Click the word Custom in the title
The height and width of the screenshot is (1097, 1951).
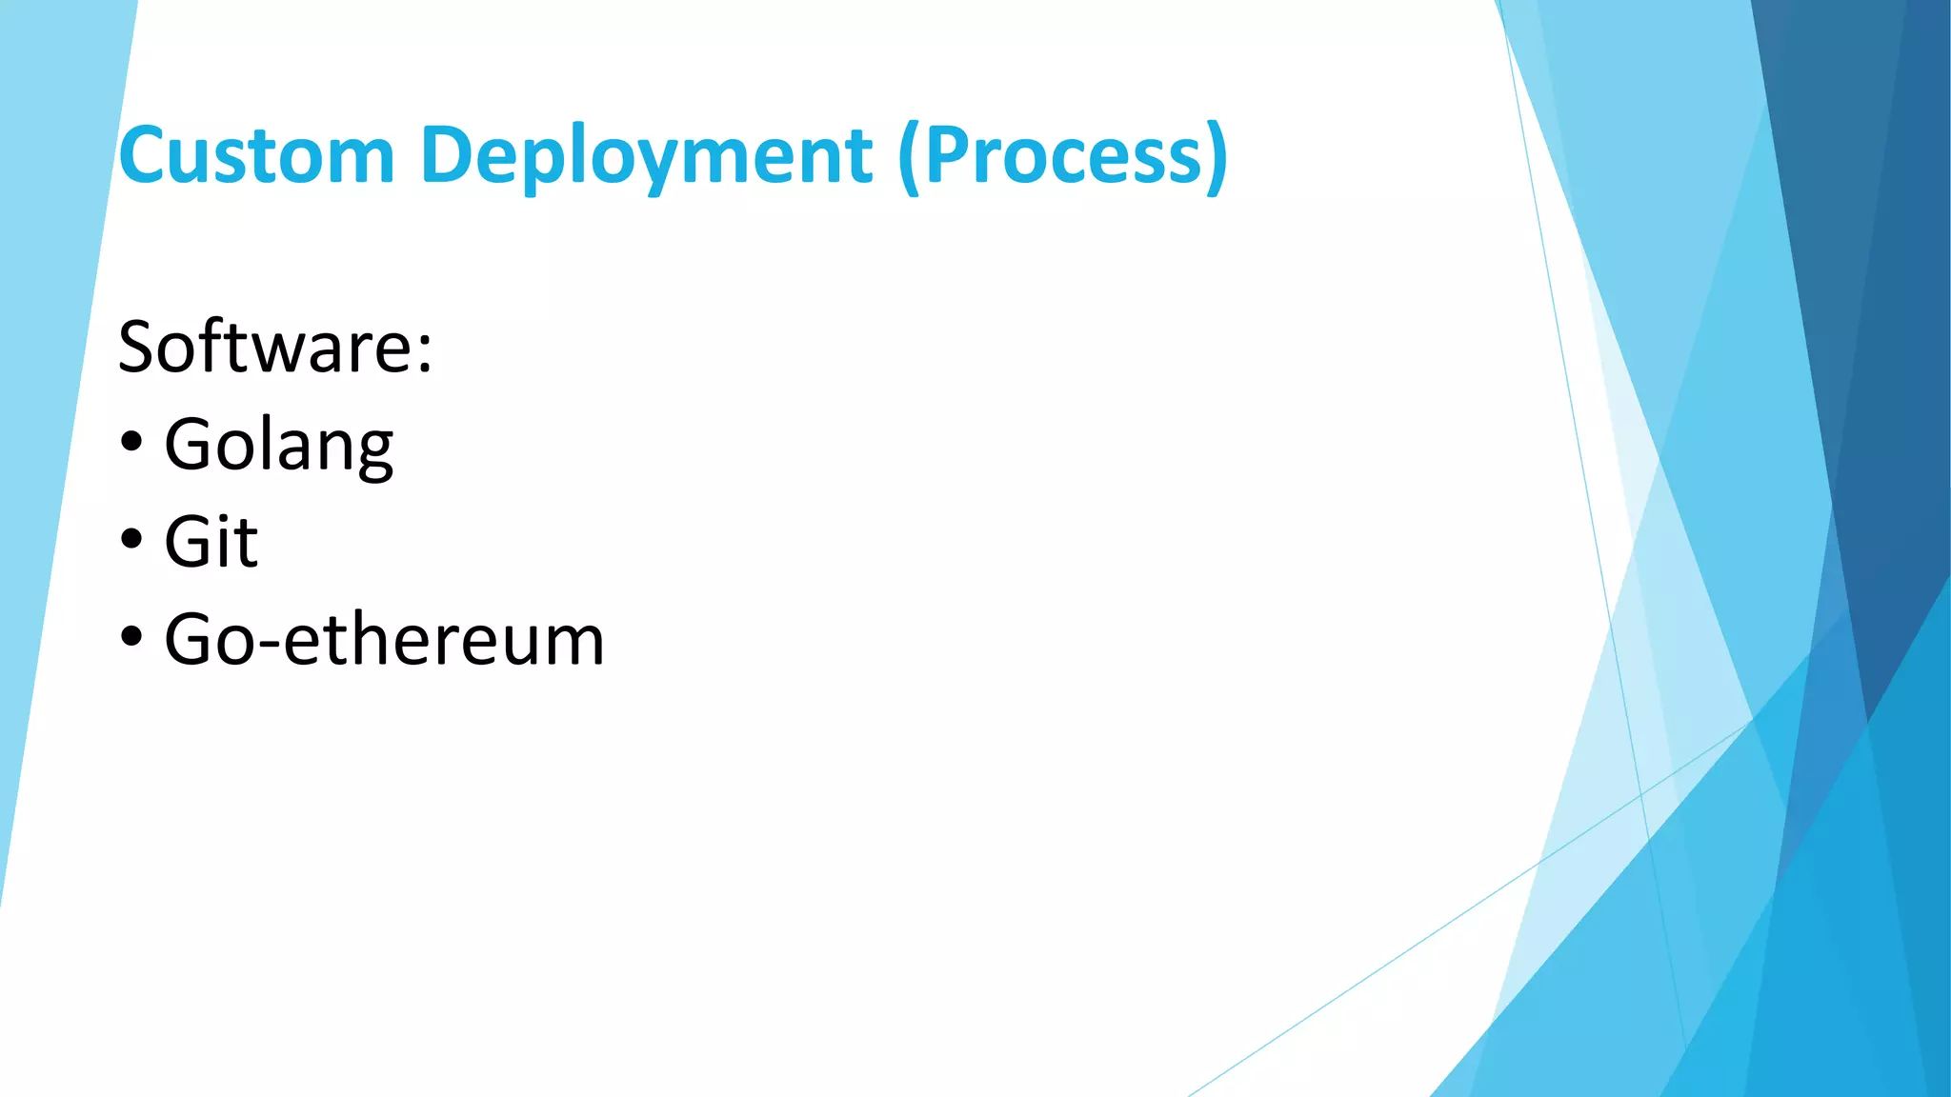coord(256,155)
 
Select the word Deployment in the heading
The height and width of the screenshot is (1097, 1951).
coord(646,157)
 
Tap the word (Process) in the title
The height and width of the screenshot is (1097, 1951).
coord(1063,157)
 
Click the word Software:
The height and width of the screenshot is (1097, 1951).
coord(275,347)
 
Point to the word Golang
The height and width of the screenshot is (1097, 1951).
coord(279,446)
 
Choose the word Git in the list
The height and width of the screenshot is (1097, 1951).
coord(211,542)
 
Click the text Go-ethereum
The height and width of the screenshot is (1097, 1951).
coord(385,639)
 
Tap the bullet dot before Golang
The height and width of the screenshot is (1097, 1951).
coord(132,443)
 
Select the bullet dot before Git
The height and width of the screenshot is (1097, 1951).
coord(132,540)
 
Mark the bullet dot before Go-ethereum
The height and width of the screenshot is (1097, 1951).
coord(132,637)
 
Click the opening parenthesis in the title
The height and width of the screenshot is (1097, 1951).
coord(909,157)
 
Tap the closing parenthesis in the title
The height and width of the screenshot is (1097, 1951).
coord(1217,157)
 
